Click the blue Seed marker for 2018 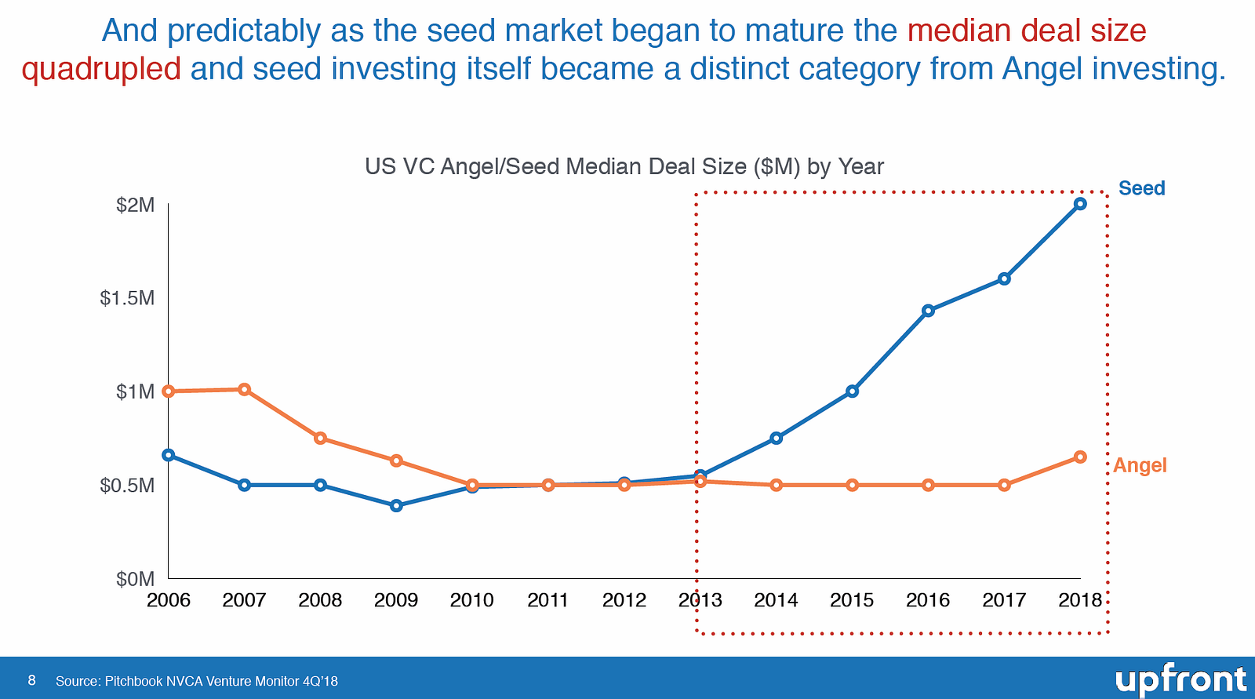pyautogui.click(x=1080, y=204)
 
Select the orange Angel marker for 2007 pyautogui.click(x=244, y=389)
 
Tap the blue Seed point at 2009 pyautogui.click(x=396, y=505)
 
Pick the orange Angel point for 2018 pyautogui.click(x=1080, y=457)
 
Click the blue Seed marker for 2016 pyautogui.click(x=928, y=311)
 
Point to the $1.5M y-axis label pyautogui.click(x=127, y=298)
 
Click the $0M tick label pyautogui.click(x=135, y=579)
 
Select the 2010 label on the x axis pyautogui.click(x=471, y=600)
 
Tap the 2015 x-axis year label pyautogui.click(x=852, y=600)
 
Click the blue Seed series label pyautogui.click(x=1141, y=188)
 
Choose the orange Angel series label pyautogui.click(x=1140, y=465)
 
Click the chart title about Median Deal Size pyautogui.click(x=624, y=166)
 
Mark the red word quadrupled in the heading pyautogui.click(x=101, y=69)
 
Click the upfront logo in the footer pyautogui.click(x=1180, y=679)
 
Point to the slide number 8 pyautogui.click(x=31, y=680)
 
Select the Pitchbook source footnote pyautogui.click(x=196, y=681)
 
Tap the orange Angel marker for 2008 pyautogui.click(x=320, y=438)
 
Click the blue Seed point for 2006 pyautogui.click(x=168, y=455)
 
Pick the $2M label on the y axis pyautogui.click(x=135, y=206)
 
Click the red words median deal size pyautogui.click(x=1026, y=31)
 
